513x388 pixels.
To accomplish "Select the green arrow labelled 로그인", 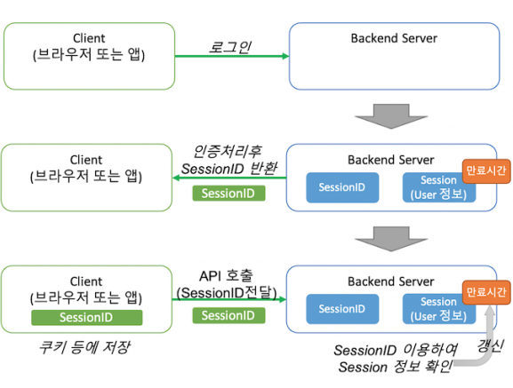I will [230, 57].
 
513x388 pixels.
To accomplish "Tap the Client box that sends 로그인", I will [87, 56].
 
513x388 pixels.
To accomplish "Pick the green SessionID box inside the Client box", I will [86, 317].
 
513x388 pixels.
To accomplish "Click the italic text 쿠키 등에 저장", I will [85, 346].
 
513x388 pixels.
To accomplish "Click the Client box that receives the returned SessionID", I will [87, 178].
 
